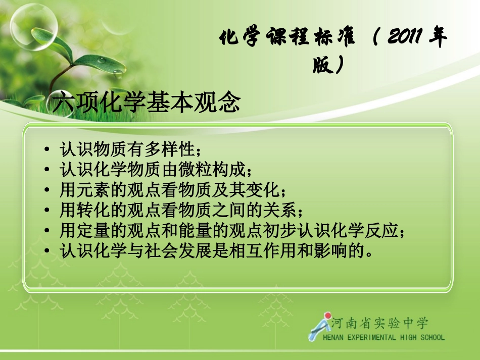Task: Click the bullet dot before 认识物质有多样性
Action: (47, 150)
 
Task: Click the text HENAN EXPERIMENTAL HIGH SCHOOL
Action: (383, 337)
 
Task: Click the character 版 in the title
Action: (321, 65)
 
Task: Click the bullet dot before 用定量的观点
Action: (47, 231)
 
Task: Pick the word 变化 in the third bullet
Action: (265, 190)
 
